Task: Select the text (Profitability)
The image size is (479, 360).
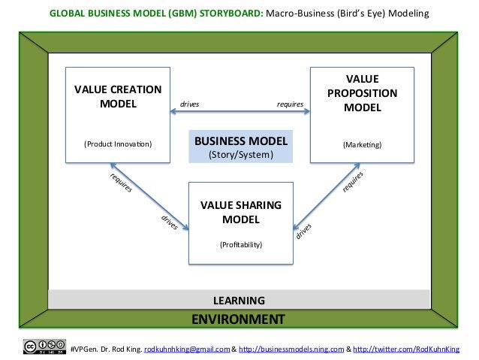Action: click(240, 245)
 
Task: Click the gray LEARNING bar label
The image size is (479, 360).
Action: click(239, 300)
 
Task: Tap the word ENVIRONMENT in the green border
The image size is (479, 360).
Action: click(238, 319)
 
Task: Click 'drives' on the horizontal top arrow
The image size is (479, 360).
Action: click(190, 104)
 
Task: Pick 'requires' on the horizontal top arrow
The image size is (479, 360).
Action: click(290, 104)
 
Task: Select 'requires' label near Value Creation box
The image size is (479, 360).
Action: click(122, 183)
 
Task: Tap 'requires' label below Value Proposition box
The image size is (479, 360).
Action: click(353, 182)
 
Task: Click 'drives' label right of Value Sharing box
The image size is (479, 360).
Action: click(303, 232)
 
